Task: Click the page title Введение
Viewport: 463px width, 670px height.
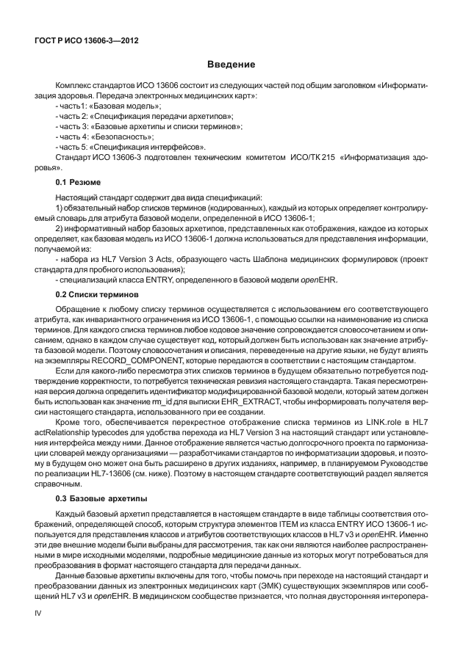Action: click(x=232, y=65)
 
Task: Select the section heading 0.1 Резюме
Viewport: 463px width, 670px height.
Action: click(x=79, y=181)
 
